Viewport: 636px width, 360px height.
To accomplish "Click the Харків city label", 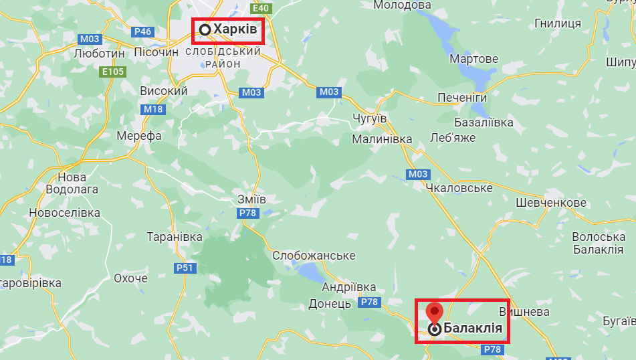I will [235, 29].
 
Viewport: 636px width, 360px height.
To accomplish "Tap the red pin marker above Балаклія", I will [435, 312].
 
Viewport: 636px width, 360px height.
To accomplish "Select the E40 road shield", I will [261, 8].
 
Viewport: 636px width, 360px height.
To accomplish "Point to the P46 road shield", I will [143, 31].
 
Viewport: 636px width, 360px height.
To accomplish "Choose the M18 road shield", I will [152, 109].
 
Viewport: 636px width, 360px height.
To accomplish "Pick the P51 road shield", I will [185, 268].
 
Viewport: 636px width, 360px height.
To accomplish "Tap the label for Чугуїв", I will [369, 118].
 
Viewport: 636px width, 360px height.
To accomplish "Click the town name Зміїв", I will [251, 199].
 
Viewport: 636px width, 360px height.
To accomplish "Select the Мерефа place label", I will [139, 136].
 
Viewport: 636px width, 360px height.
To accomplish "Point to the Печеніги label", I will [462, 98].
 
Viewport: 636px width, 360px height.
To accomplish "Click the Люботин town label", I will [100, 52].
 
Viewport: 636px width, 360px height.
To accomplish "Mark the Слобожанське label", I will [314, 256].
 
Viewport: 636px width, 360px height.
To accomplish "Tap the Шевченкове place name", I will [551, 203].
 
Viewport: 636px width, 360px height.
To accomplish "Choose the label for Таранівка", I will [175, 238].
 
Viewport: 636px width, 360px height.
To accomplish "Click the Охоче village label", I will [130, 278].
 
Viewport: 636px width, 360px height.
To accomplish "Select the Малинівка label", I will [383, 139].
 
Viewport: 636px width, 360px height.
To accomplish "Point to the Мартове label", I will [473, 59].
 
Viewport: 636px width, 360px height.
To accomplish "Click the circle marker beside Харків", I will [205, 29].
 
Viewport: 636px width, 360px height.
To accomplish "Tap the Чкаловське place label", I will [459, 188].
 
